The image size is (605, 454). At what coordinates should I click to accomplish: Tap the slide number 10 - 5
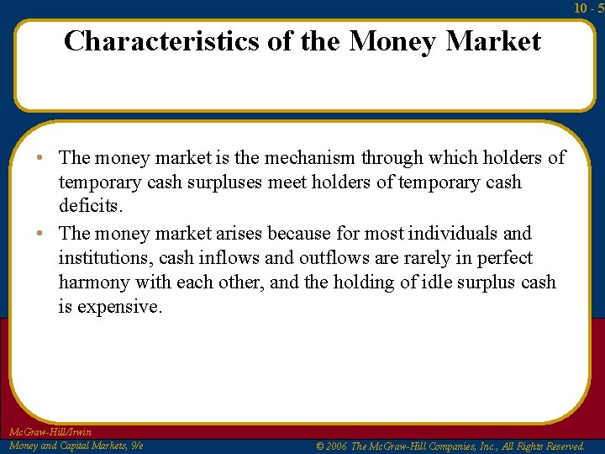tap(589, 8)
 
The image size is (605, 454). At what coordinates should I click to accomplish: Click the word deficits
tap(89, 206)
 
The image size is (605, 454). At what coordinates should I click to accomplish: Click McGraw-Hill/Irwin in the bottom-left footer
tap(50, 432)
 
